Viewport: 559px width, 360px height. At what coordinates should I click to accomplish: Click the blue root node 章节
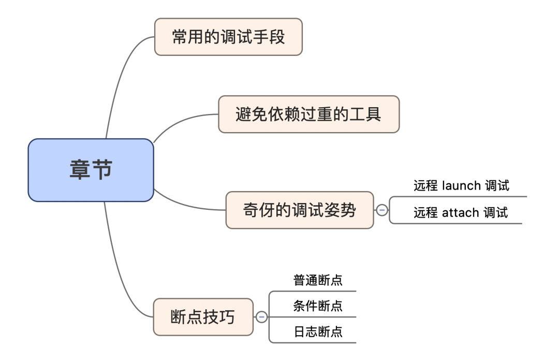[91, 170]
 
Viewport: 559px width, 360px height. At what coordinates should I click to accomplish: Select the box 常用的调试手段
[229, 37]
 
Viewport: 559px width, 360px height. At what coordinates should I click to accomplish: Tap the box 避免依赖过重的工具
[308, 114]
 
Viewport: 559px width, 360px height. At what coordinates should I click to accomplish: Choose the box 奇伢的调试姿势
[300, 210]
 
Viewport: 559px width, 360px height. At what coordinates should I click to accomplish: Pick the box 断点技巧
[203, 317]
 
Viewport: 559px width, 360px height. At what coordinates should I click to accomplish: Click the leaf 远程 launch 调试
[461, 186]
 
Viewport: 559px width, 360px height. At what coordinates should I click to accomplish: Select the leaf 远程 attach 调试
[461, 213]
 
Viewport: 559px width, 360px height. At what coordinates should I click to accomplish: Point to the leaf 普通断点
[318, 280]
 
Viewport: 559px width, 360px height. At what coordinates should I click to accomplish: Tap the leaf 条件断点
[318, 306]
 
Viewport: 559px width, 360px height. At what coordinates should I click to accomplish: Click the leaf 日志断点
[318, 332]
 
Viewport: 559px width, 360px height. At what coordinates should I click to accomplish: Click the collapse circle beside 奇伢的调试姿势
[382, 210]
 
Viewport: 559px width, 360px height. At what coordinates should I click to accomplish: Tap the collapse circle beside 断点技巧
[261, 317]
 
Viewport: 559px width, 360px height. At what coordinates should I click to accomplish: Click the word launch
[461, 186]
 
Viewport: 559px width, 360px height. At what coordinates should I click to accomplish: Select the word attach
[461, 213]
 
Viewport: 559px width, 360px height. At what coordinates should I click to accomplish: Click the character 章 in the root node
[80, 169]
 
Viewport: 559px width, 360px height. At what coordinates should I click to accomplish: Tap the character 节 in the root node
[102, 169]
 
